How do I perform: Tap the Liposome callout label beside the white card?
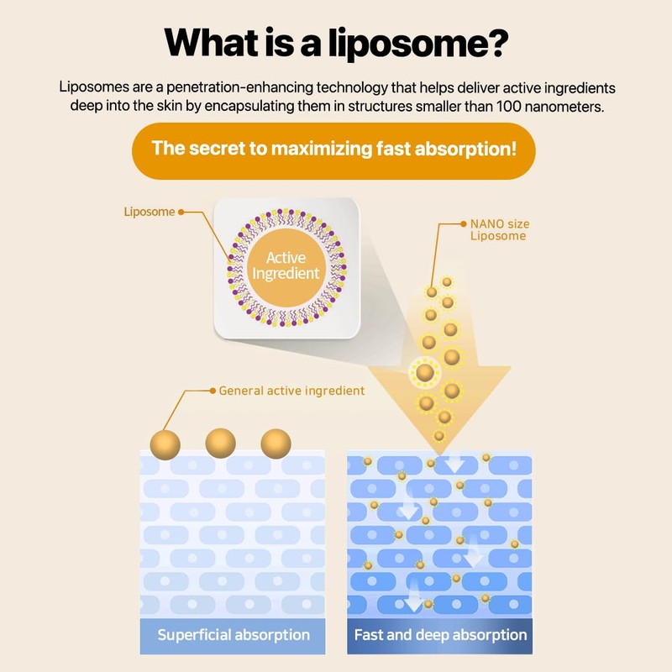coord(149,212)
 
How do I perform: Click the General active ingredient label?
coord(291,391)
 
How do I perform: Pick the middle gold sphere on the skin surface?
coord(220,443)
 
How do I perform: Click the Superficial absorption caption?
coord(233,635)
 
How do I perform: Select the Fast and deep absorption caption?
coord(440,635)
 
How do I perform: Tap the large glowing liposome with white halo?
coord(425,370)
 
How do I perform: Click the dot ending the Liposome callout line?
coord(181,212)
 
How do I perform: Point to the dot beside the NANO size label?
coord(460,225)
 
